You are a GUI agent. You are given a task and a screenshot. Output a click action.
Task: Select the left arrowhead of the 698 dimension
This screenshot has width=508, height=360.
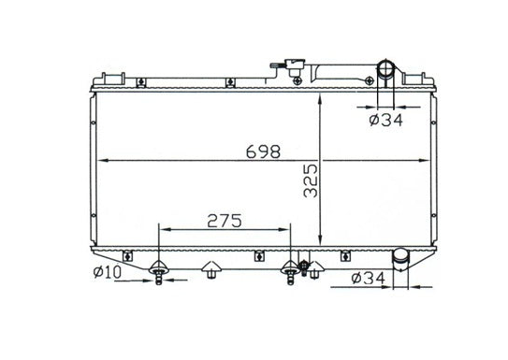[101, 161]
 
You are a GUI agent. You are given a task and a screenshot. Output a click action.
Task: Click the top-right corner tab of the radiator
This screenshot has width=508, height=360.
[420, 77]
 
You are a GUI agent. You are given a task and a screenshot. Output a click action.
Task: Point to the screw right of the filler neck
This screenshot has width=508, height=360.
[298, 82]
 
